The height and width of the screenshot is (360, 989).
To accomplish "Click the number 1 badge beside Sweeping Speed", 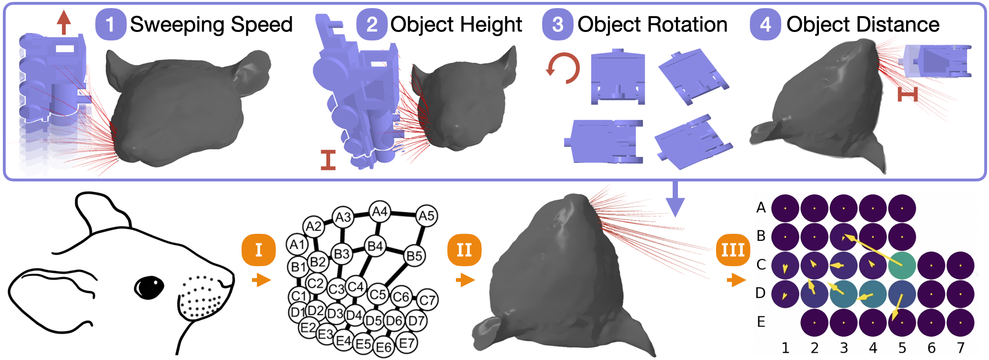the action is point(110,24).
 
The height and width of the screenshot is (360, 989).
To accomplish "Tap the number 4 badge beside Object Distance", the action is point(765,24).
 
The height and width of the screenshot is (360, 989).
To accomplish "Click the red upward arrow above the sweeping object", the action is point(64,22).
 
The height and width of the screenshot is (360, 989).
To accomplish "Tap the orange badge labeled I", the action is point(259,250).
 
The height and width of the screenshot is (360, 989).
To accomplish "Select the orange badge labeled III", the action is point(733,250).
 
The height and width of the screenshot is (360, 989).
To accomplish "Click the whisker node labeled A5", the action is point(426,216).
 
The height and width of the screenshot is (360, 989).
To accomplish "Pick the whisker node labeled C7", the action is point(427,300).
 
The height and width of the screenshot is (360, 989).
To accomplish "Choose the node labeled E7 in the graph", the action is point(406,342).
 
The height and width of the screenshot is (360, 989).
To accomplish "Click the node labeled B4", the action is point(376,246).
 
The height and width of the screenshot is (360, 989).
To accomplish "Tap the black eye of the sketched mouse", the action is point(149,287).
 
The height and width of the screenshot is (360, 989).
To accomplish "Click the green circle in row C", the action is point(902,265).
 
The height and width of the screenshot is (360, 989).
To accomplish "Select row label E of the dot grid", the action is point(761,322).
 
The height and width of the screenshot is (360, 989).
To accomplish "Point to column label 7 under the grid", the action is point(960,348).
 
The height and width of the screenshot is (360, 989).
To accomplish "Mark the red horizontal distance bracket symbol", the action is point(908,94).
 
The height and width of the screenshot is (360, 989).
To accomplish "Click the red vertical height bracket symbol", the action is point(328,160).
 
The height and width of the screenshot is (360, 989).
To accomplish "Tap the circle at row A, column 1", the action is point(785,208).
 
